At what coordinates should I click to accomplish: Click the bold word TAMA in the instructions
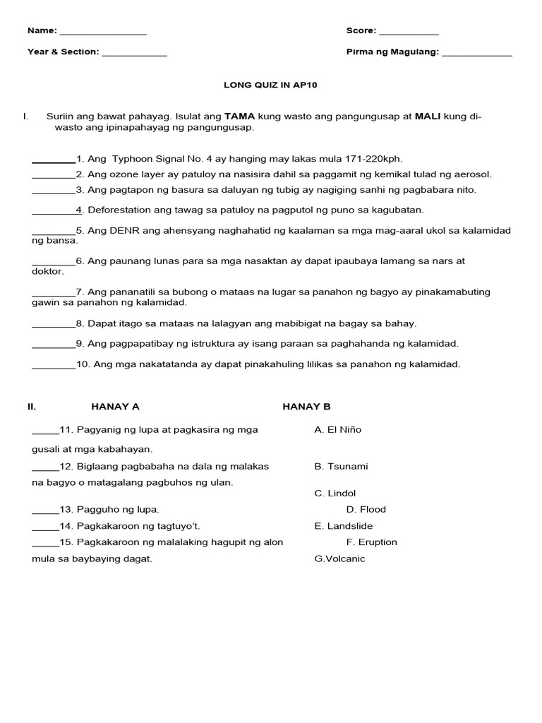tap(239, 116)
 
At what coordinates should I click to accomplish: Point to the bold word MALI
tap(428, 116)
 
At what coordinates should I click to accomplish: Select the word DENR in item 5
tap(124, 230)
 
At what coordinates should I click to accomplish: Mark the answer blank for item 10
tap(54, 366)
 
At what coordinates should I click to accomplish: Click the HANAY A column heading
tap(115, 407)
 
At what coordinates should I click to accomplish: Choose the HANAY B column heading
tap(306, 407)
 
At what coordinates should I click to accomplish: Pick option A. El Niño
tap(338, 429)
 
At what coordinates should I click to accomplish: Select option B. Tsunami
tap(341, 467)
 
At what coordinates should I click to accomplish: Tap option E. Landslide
tap(344, 526)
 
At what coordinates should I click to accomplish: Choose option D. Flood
tap(366, 509)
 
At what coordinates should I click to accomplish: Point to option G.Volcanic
tap(340, 558)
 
